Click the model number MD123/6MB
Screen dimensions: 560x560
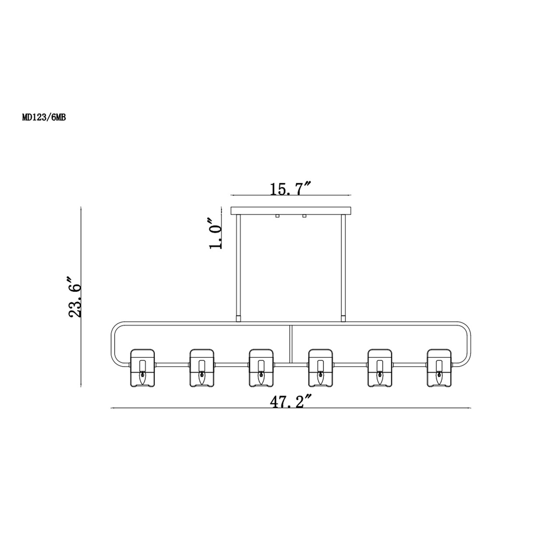(44, 117)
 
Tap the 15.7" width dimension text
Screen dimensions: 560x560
(290, 189)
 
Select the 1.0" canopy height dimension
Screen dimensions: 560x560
(216, 233)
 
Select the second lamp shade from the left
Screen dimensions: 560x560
(202, 367)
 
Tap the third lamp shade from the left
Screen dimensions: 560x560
(261, 367)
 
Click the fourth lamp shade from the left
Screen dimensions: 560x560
(321, 367)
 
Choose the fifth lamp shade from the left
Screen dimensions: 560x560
(380, 367)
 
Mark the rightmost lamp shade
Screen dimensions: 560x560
(439, 367)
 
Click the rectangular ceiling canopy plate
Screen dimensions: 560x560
(290, 211)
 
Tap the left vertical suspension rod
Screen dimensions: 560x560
(238, 267)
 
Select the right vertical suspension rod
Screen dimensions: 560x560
(343, 267)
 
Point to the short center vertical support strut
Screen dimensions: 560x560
(290, 343)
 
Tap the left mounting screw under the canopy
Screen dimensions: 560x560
(277, 216)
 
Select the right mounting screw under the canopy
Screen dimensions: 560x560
(304, 216)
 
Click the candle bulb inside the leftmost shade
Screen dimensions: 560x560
(142, 376)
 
